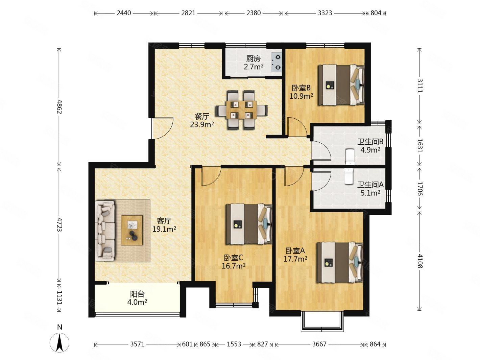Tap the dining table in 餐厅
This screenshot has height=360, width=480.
pos(241,110)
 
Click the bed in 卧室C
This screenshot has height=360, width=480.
pos(249,224)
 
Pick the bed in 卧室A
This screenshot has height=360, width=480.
pos(340,262)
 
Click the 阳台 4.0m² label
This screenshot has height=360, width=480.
pos(137,298)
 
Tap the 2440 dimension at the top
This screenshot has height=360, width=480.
pos(124,13)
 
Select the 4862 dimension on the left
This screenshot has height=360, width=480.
pos(59,107)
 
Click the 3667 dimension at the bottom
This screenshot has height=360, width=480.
pos(319,344)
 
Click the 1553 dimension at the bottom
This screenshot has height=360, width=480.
pos(234,344)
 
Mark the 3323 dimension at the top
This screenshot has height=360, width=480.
pos(325,13)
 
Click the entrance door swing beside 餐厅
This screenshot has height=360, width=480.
pos(162,128)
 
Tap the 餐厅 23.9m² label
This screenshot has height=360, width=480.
pos(202,120)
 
